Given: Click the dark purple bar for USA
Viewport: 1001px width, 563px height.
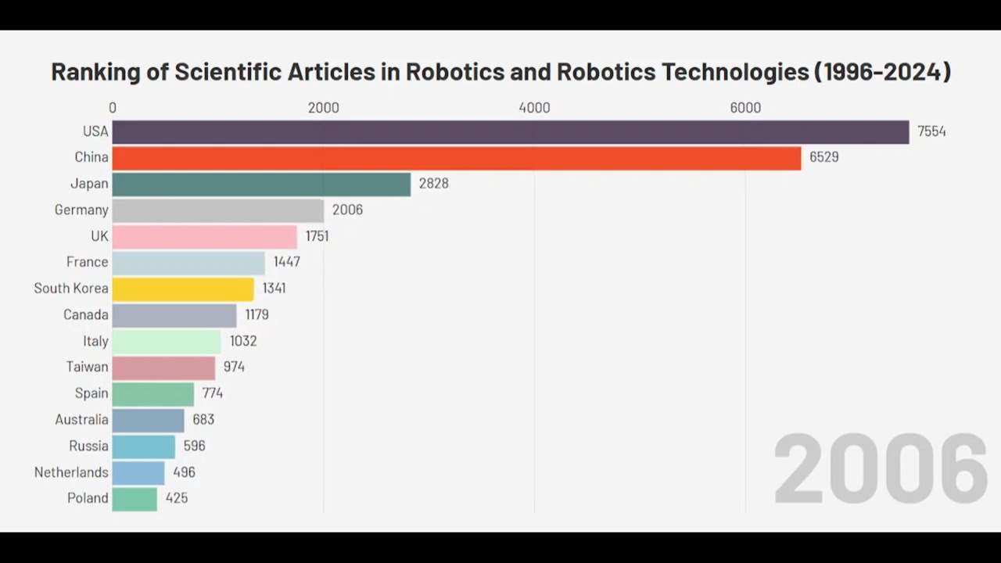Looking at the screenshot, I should pyautogui.click(x=510, y=131).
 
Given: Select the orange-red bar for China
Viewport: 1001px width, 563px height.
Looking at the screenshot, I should pyautogui.click(x=456, y=157).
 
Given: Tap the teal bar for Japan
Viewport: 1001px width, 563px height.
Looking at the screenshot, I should pyautogui.click(x=261, y=184).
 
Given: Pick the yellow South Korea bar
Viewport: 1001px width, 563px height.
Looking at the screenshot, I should pyautogui.click(x=183, y=289).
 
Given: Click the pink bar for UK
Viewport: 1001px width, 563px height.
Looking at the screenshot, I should pyautogui.click(x=204, y=236).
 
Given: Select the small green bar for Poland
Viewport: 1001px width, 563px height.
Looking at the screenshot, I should pyautogui.click(x=135, y=498).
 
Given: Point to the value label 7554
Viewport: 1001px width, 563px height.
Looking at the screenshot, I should pyautogui.click(x=931, y=131).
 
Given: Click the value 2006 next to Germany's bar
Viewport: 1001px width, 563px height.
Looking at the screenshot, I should pyautogui.click(x=347, y=210).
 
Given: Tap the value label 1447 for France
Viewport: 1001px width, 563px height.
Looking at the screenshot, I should pyautogui.click(x=287, y=262).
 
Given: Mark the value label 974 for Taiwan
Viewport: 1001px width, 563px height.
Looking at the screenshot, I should pyautogui.click(x=234, y=367).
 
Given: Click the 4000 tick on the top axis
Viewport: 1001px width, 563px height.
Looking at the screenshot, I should pyautogui.click(x=534, y=108).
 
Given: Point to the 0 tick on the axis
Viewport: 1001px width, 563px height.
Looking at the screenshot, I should pyautogui.click(x=113, y=108).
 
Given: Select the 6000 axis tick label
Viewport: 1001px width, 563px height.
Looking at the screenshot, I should pyautogui.click(x=745, y=108).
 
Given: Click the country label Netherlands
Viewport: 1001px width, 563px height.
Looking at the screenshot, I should pyautogui.click(x=71, y=472).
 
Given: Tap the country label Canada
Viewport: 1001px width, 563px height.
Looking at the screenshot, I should pyautogui.click(x=86, y=314).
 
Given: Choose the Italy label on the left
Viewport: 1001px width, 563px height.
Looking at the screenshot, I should pyautogui.click(x=95, y=341).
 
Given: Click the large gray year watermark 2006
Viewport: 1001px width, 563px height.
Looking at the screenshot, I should pyautogui.click(x=881, y=470).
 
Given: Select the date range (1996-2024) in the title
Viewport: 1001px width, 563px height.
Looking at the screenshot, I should pyautogui.click(x=882, y=72).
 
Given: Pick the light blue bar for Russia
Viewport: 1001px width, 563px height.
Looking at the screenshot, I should pyautogui.click(x=143, y=446).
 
